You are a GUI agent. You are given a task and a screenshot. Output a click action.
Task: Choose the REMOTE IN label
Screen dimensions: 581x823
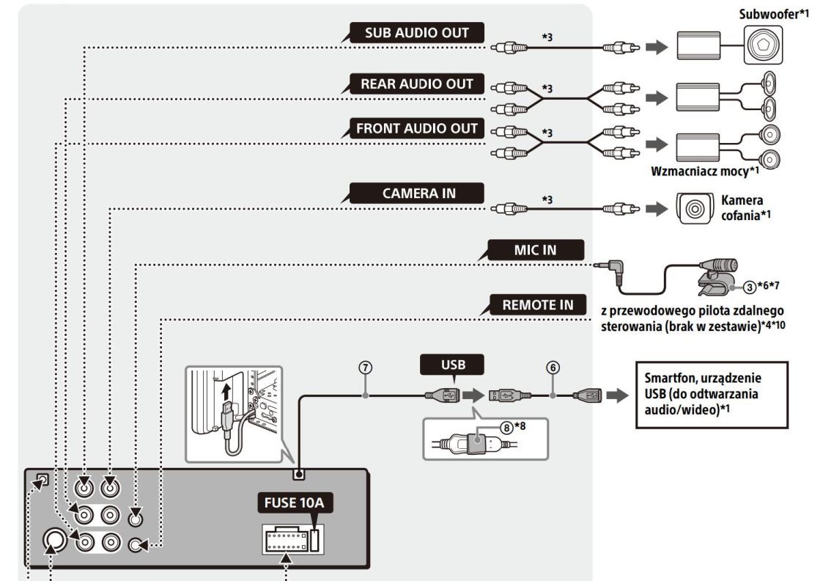(538, 304)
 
